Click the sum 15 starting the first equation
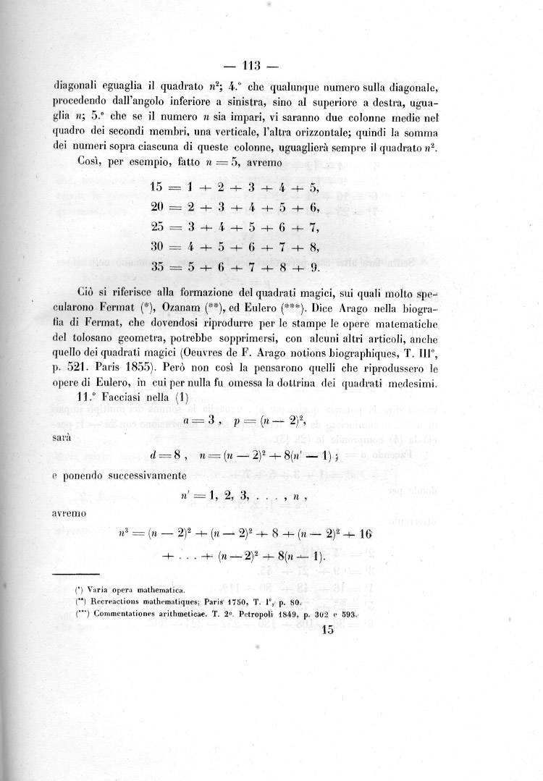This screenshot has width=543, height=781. click(x=157, y=188)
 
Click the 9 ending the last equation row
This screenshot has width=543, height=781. click(x=314, y=266)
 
